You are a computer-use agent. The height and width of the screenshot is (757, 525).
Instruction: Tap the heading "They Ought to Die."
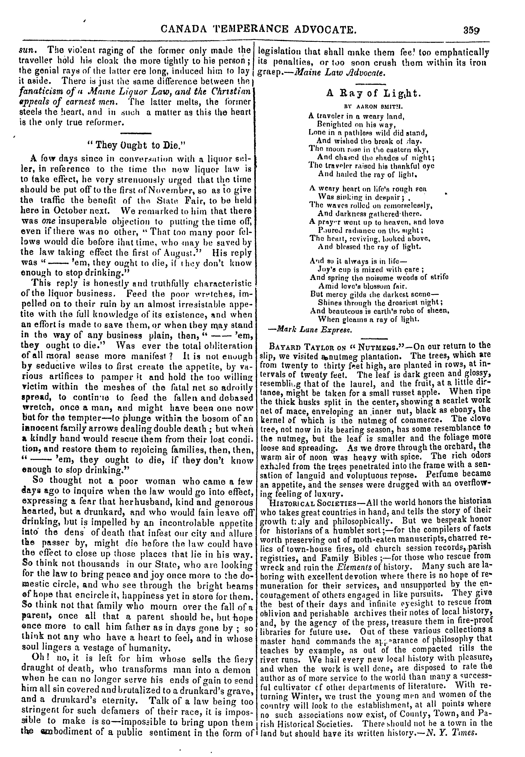point(135,145)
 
